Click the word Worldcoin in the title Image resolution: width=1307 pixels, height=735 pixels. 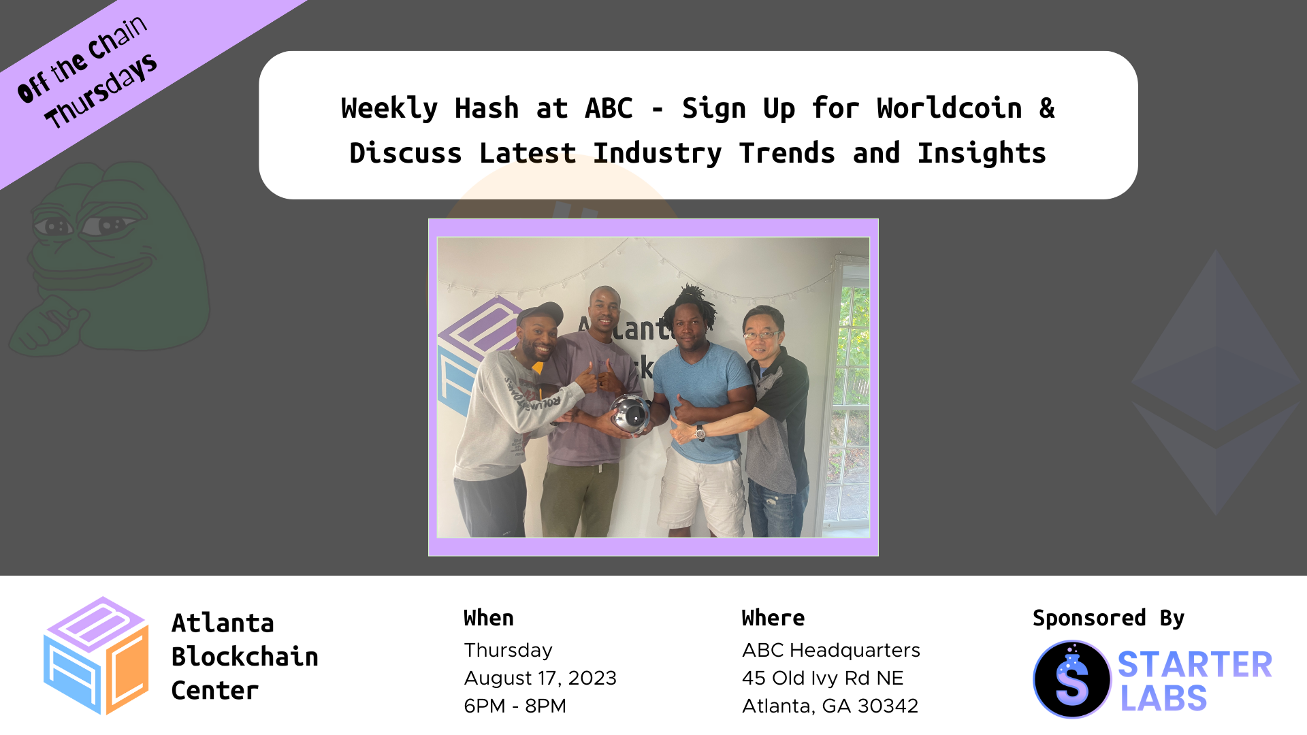[x=949, y=108]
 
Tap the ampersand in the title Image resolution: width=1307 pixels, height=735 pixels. [x=1047, y=108]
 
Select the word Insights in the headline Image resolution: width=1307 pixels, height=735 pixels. [x=982, y=154]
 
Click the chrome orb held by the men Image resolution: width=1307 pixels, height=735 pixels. [x=630, y=413]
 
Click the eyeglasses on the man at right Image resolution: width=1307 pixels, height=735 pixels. [x=761, y=334]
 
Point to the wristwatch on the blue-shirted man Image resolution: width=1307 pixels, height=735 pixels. [x=700, y=431]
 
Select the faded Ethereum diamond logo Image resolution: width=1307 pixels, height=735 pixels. [x=1216, y=382]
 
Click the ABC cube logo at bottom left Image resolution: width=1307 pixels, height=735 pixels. [x=96, y=656]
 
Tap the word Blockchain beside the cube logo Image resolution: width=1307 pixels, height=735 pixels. [x=245, y=657]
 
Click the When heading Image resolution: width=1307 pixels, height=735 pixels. [x=489, y=618]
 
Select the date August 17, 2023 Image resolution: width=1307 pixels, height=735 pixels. [x=540, y=678]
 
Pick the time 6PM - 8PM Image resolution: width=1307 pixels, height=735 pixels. [x=515, y=706]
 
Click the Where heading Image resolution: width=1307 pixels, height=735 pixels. [x=773, y=618]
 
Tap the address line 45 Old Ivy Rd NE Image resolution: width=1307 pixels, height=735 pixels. [x=823, y=678]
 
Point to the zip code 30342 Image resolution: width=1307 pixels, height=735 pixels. [x=888, y=706]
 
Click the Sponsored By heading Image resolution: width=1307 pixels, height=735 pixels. [x=1109, y=618]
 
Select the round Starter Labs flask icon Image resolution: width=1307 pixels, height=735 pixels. [x=1072, y=679]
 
